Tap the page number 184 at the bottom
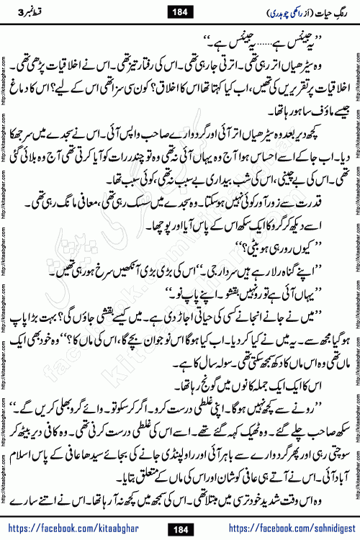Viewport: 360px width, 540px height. [180, 510]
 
